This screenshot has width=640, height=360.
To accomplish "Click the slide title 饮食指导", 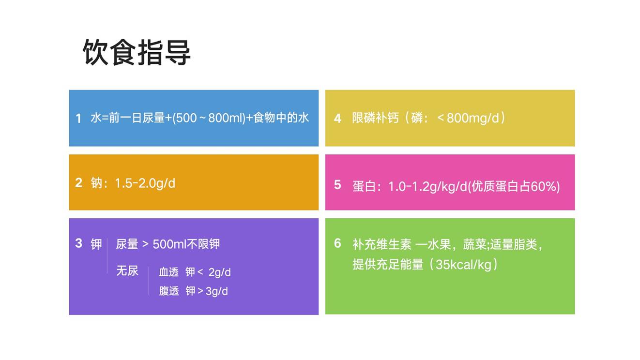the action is tap(137, 52).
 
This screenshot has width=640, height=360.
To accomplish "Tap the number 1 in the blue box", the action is tap(78, 119).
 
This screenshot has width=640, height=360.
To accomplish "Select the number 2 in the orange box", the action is tap(78, 183).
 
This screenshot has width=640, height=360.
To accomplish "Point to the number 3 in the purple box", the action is tap(78, 243).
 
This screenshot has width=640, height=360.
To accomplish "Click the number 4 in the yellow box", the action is tap(337, 119).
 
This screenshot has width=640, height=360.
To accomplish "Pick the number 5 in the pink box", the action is tap(337, 185).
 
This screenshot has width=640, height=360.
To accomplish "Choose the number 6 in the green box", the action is tap(337, 243).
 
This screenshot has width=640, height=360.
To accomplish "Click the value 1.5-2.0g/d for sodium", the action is tap(145, 183).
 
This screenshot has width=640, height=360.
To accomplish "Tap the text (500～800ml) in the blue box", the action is tap(209, 118).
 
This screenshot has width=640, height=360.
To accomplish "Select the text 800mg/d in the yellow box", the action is tap(473, 118).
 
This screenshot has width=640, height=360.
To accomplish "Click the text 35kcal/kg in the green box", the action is tap(463, 265).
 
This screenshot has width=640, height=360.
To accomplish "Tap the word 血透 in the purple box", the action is tap(168, 272).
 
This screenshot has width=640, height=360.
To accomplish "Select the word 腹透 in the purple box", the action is tap(169, 291).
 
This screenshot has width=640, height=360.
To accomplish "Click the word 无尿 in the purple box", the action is tap(127, 270).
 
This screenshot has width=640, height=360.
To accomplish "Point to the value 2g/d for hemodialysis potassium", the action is tap(219, 272).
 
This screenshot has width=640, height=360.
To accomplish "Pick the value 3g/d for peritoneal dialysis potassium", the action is tap(217, 291).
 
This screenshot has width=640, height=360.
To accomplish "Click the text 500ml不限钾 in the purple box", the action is tap(186, 244).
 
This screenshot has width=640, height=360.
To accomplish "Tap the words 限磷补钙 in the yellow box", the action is tap(375, 118).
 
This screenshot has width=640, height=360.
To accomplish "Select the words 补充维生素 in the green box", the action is tap(381, 244).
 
